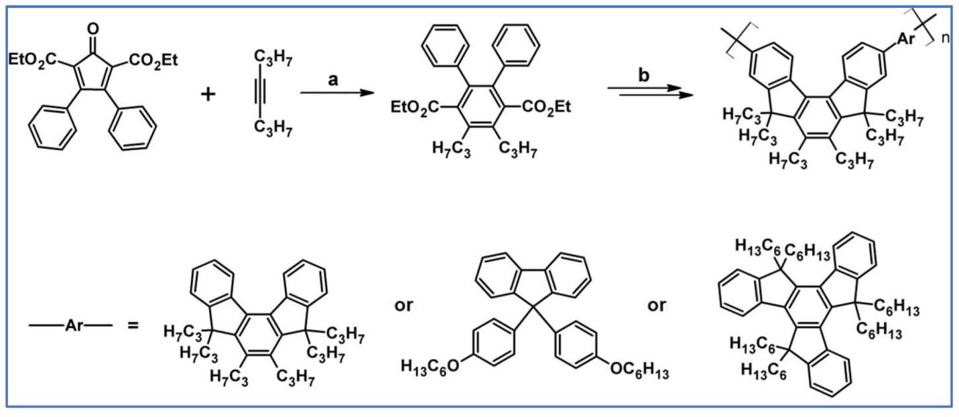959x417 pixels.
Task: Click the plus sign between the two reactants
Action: (x=209, y=93)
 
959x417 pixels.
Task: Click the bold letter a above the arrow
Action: (x=332, y=78)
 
